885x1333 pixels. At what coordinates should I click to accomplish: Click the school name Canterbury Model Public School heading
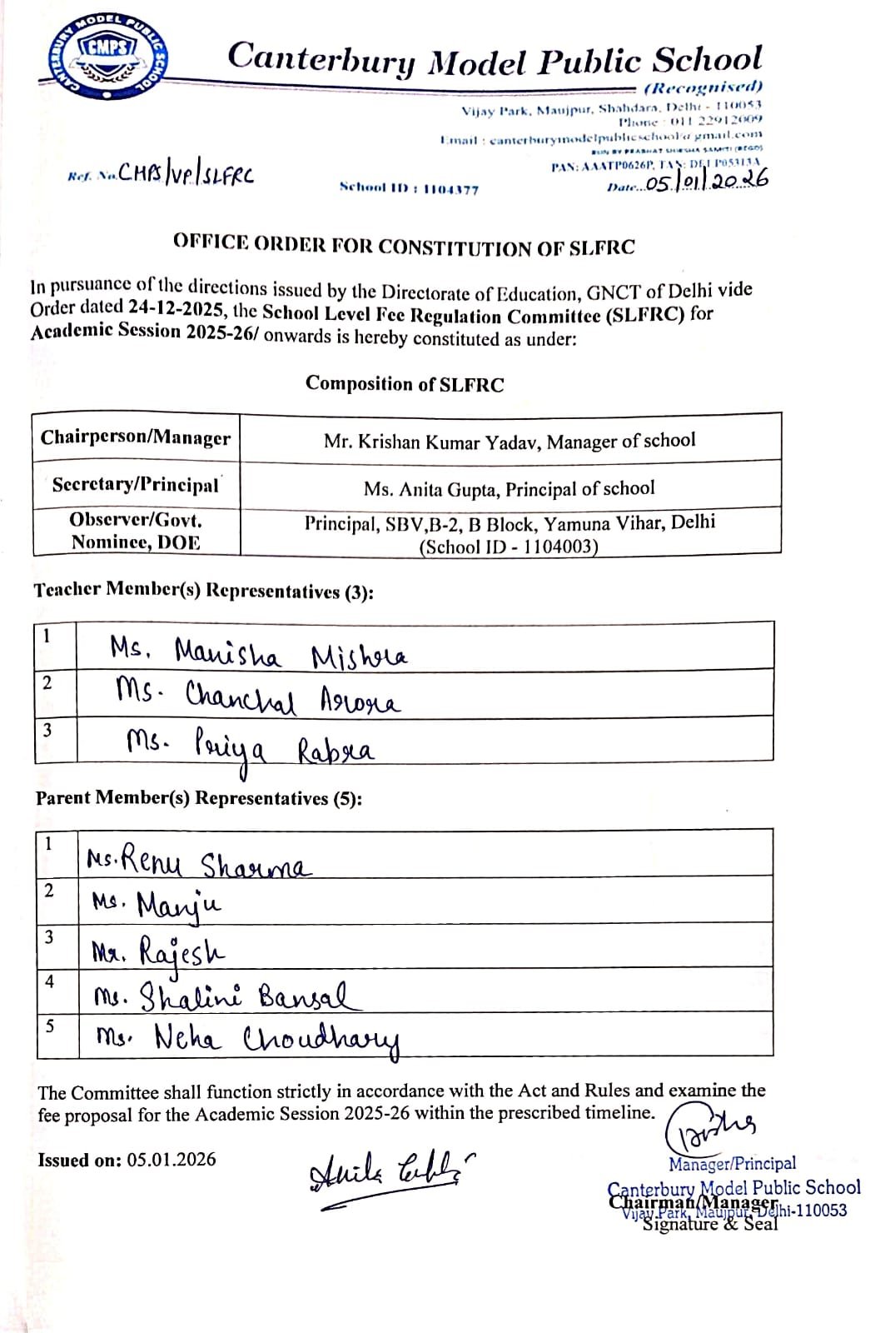pos(495,60)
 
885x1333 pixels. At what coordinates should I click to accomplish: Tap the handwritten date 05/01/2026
pos(707,181)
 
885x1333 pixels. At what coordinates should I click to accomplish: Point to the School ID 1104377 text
pos(409,189)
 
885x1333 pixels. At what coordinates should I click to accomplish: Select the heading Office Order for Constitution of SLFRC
pos(404,246)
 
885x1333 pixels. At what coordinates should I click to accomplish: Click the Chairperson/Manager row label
pos(136,437)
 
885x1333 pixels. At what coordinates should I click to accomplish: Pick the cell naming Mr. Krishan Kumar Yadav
pos(510,441)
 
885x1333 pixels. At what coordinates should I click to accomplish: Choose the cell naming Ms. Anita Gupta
pos(509,488)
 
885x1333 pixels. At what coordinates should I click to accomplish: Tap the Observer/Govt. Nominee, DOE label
pos(136,532)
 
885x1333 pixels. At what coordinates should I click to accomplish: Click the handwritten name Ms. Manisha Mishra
pos(258,652)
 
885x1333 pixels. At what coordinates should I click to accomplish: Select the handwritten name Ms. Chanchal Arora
pos(258,698)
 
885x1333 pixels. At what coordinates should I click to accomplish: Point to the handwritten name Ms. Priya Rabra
pos(250,745)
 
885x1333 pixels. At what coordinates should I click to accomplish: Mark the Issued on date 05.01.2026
pos(127,1160)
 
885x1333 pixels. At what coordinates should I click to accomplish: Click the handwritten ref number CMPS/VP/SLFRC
pos(186,172)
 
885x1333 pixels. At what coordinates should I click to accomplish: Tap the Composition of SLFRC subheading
pos(404,383)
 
